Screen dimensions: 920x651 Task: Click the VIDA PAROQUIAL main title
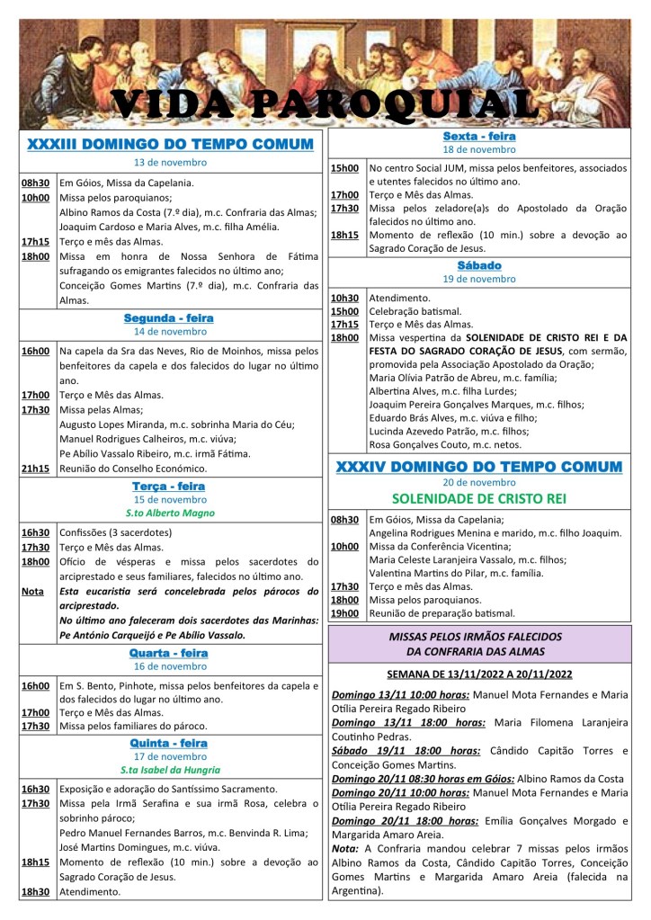point(325,103)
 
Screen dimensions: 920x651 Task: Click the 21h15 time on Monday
point(36,468)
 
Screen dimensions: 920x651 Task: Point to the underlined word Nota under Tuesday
point(32,592)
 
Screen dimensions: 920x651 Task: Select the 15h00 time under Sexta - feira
point(345,168)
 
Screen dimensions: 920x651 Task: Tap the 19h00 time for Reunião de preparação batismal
point(345,612)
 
